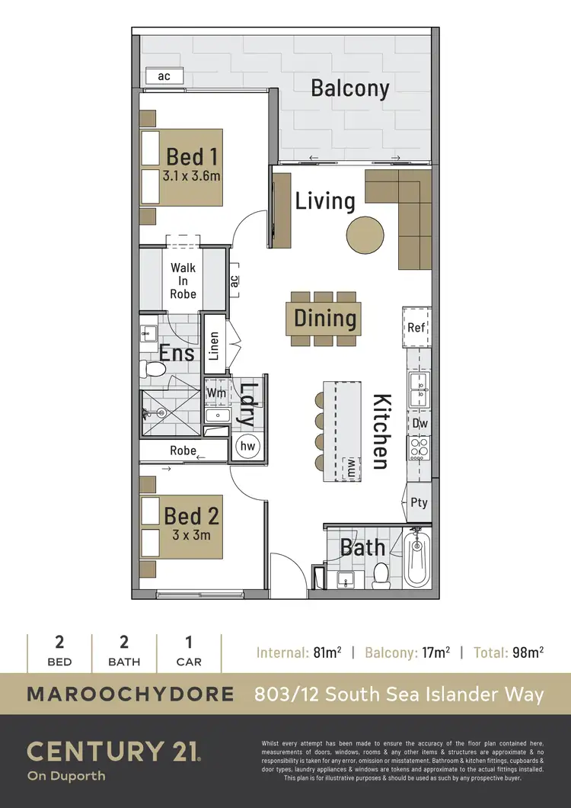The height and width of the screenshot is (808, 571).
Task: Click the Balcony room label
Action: coord(349,88)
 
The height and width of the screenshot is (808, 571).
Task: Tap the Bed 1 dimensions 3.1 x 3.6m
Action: coord(191,176)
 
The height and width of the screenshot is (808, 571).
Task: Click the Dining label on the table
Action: coord(325,319)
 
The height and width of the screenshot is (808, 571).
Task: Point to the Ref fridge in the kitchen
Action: coord(416,328)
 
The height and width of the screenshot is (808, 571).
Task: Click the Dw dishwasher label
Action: coord(419,423)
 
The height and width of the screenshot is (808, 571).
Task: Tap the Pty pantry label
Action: coord(419,503)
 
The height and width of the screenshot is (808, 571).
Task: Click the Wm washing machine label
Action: coord(216,392)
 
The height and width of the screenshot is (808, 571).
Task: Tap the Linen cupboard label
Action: coord(215,345)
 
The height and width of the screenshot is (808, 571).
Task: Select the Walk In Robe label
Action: coord(183,281)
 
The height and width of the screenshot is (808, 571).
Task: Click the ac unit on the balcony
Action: coord(164,76)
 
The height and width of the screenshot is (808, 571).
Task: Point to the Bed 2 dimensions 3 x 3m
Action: coord(190,535)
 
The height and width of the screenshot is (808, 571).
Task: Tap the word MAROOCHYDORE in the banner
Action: coord(130,694)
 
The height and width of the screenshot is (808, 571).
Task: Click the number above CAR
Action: coord(189,642)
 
